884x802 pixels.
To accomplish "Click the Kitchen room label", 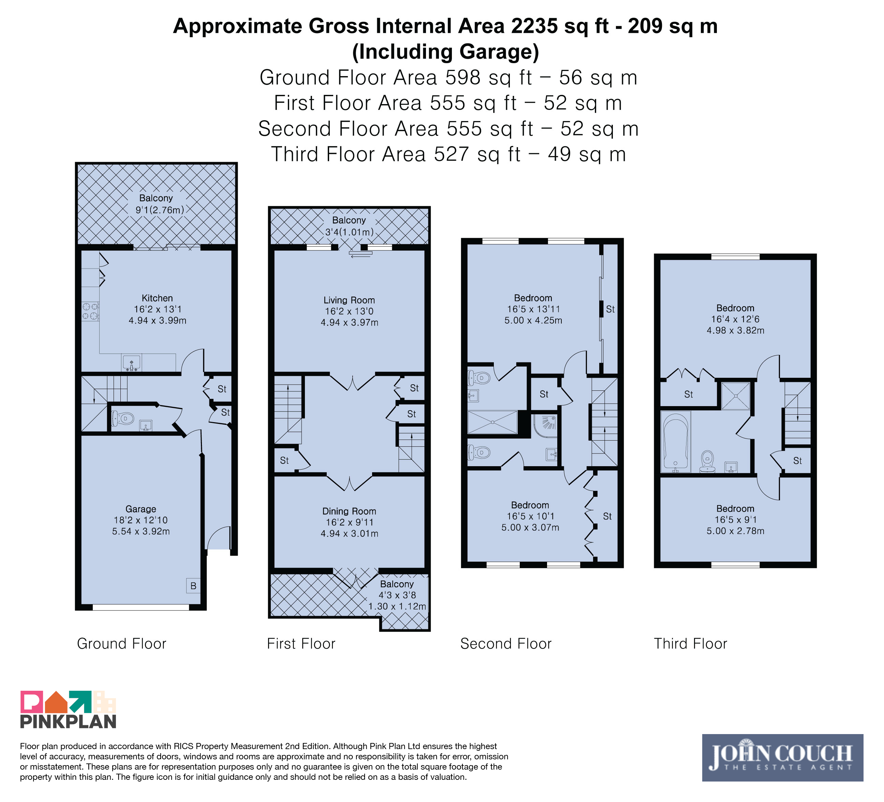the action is (x=158, y=298).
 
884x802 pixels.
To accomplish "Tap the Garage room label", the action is (x=141, y=509).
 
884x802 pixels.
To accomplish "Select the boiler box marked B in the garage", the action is (x=193, y=586).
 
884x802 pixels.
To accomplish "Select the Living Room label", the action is (x=349, y=300).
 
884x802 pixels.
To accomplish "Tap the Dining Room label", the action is (x=349, y=511).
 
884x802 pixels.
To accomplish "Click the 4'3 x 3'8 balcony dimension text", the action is (x=397, y=595).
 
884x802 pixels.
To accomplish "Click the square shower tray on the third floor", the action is (x=736, y=396).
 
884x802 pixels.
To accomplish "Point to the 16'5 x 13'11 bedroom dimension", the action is (x=533, y=309).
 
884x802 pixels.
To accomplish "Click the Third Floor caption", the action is (x=690, y=644).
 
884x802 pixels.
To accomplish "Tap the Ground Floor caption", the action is (x=121, y=644).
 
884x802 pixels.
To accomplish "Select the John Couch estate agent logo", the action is (x=783, y=758).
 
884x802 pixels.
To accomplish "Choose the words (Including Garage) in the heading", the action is (x=445, y=52).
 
